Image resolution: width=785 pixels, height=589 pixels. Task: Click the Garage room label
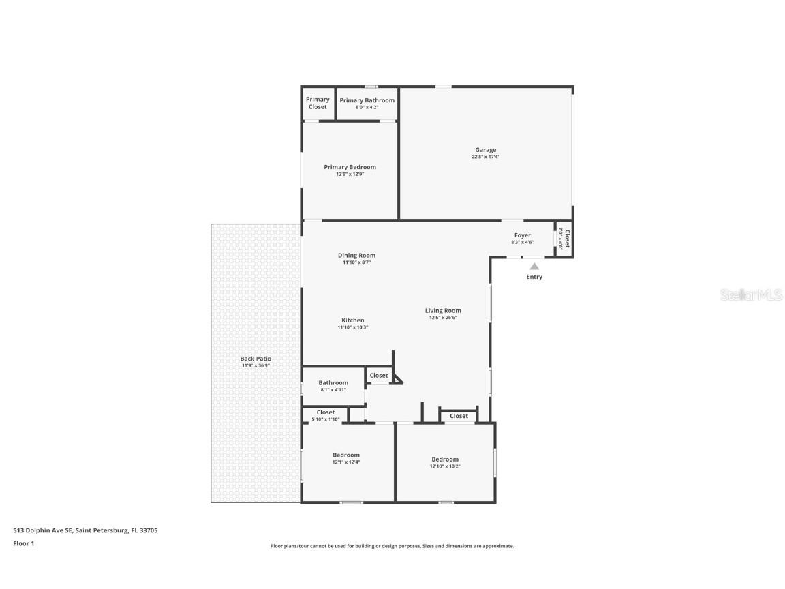coord(485,150)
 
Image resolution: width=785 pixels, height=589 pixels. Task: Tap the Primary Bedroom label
coord(350,167)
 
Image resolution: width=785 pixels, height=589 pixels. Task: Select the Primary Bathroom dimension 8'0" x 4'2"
coord(367,108)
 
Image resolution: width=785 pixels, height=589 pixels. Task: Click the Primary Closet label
coord(318,103)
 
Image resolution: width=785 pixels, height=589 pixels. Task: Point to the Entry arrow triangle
coord(534,267)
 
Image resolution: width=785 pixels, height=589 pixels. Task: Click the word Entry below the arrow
coord(534,277)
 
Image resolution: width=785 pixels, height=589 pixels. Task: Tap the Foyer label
coord(522,235)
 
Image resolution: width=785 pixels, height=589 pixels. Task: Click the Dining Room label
coord(356,256)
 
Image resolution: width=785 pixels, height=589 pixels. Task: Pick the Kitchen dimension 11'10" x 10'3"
coord(352,327)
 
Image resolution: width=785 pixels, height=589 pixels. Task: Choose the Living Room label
coord(443,311)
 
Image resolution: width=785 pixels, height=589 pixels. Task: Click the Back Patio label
coord(256,359)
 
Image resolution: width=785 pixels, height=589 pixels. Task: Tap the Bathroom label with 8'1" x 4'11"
coord(333,383)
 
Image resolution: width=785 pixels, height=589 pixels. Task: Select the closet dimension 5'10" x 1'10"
coord(325,419)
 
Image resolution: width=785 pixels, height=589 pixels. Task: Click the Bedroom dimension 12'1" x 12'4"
coord(345,462)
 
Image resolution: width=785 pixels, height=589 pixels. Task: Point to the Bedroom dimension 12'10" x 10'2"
coord(444,466)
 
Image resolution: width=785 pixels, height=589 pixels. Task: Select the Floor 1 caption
coord(23,543)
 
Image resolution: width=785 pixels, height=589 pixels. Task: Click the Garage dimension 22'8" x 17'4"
coord(485,157)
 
